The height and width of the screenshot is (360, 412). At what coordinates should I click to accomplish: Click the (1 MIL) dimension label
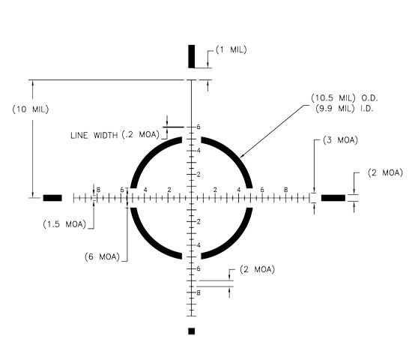click(231, 49)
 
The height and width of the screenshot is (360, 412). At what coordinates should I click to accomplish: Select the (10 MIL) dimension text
click(31, 109)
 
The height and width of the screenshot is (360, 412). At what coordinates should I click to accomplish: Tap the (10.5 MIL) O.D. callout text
click(345, 98)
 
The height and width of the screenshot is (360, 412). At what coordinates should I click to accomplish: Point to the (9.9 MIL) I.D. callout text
click(345, 109)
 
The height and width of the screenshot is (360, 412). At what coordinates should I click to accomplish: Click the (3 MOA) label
click(341, 140)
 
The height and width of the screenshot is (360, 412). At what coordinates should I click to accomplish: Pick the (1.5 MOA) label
click(64, 224)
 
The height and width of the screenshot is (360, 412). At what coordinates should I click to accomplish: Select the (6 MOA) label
click(102, 256)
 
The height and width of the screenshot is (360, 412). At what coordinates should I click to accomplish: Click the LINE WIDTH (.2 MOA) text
click(115, 135)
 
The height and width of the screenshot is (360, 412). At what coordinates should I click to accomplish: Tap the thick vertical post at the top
click(192, 56)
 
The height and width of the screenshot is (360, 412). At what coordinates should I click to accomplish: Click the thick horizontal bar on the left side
click(52, 198)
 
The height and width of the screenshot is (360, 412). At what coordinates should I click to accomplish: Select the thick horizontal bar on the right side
click(333, 198)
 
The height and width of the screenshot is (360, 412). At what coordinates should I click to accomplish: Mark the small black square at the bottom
click(192, 331)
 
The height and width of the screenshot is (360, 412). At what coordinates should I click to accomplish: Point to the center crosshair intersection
click(192, 198)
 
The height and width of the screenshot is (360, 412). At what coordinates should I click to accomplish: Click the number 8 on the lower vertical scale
click(199, 292)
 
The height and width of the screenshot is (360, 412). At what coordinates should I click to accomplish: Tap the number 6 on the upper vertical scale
click(199, 127)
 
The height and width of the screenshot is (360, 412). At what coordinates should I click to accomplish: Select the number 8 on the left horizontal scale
click(98, 190)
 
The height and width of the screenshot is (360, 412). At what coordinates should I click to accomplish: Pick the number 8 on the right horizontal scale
click(286, 190)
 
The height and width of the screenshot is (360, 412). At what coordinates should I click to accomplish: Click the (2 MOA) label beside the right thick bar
click(385, 173)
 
